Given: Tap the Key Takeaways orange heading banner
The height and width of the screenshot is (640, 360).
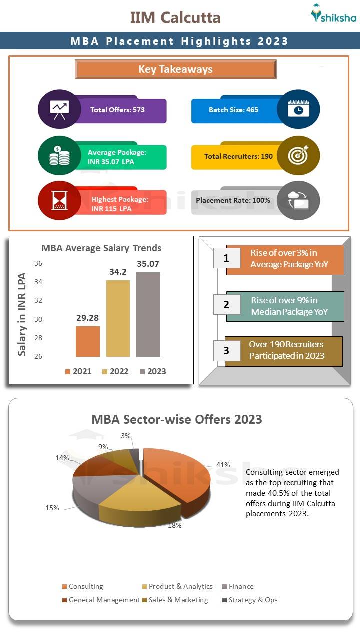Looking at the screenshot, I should pyautogui.click(x=175, y=69).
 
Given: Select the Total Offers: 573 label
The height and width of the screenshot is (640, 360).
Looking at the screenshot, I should pyautogui.click(x=117, y=110).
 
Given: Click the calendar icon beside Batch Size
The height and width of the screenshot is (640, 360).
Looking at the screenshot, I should pyautogui.click(x=298, y=109).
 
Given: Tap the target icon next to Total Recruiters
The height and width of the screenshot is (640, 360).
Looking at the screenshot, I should pyautogui.click(x=298, y=156).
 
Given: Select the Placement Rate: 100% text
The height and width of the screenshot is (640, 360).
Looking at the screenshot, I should pyautogui.click(x=233, y=200).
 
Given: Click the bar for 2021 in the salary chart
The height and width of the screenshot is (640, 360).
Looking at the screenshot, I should pyautogui.click(x=88, y=341).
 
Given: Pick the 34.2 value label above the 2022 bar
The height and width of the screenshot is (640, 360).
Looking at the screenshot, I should pyautogui.click(x=118, y=272).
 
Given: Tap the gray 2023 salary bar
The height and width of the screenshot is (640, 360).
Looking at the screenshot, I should pyautogui.click(x=148, y=314).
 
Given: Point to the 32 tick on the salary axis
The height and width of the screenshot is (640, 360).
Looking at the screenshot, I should pyautogui.click(x=38, y=301).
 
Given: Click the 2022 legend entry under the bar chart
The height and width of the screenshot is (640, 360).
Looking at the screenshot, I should pyautogui.click(x=115, y=371).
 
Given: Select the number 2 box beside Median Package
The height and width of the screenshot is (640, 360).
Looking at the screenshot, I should pyautogui.click(x=226, y=305).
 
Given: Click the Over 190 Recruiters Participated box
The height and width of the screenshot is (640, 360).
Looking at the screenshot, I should pyautogui.click(x=284, y=351).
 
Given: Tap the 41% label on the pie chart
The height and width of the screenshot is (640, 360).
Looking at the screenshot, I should pyautogui.click(x=223, y=465).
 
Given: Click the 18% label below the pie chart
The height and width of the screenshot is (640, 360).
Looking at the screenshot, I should pyautogui.click(x=174, y=526).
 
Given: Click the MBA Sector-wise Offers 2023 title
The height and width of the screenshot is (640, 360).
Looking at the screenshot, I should pyautogui.click(x=177, y=419).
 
